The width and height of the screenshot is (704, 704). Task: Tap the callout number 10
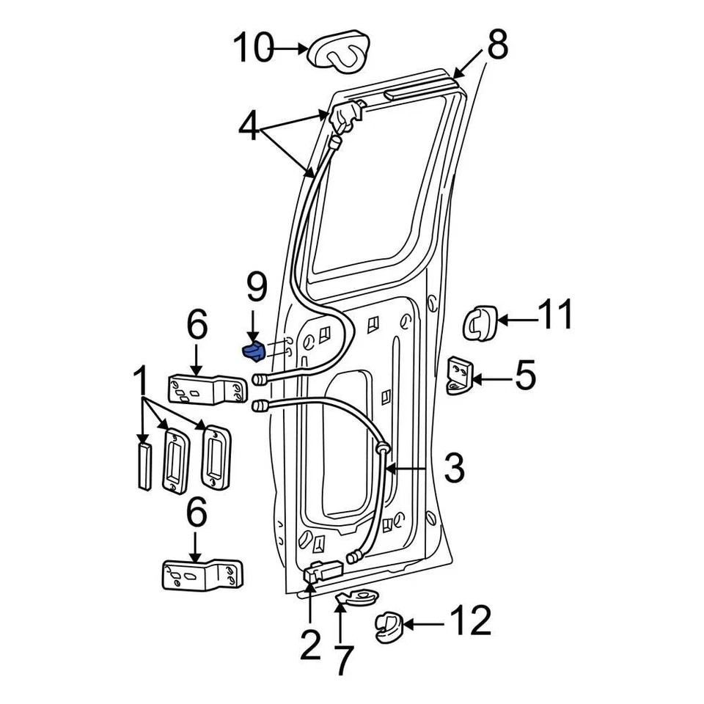(x=252, y=49)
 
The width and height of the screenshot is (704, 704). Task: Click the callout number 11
(x=555, y=318)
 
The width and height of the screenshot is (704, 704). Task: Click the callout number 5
(x=524, y=375)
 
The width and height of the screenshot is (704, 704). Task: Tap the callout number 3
(x=454, y=468)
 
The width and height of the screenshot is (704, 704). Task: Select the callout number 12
(x=470, y=623)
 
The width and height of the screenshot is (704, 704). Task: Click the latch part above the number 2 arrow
(x=320, y=571)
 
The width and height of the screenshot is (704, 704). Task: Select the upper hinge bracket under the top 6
(x=208, y=389)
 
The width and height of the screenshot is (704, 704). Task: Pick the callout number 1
(x=139, y=384)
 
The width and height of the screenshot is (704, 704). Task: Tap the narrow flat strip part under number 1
(x=143, y=464)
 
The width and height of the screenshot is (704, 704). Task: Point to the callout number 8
(x=496, y=45)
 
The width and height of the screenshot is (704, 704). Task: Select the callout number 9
(x=257, y=287)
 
